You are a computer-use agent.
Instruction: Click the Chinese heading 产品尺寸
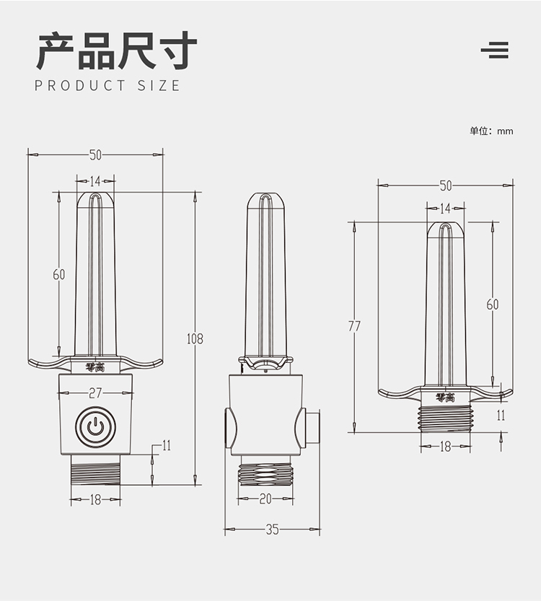coord(116,50)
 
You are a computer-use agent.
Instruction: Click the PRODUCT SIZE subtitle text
coord(107,86)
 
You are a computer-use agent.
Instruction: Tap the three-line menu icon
coord(495,50)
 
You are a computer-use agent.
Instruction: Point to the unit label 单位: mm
coord(491,131)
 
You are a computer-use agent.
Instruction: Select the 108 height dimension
coord(195,338)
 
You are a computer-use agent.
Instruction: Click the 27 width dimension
coord(95,393)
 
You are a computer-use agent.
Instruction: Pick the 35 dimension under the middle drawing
coord(272,530)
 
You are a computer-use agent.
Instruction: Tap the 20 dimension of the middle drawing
coord(265,499)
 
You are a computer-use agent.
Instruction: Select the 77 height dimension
coord(354,326)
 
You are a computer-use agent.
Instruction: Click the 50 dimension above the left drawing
coord(95,154)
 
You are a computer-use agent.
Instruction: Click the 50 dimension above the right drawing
coord(445,185)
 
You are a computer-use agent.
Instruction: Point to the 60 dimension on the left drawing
coord(59,274)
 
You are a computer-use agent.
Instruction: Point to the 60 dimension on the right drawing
coord(492,304)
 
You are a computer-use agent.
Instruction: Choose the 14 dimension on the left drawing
coord(95,181)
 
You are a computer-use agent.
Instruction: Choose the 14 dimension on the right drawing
coord(445,209)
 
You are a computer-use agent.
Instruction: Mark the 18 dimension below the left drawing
coord(95,499)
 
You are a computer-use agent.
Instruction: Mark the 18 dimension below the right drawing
coord(445,447)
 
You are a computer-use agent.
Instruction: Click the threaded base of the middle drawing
coord(265,475)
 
